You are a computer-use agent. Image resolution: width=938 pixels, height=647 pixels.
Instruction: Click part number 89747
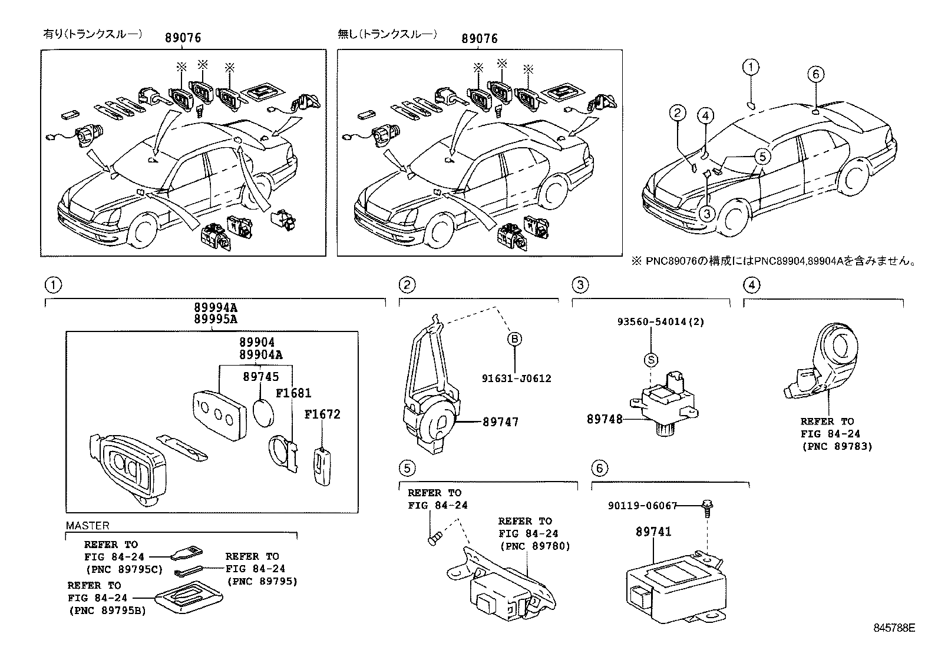click(500, 422)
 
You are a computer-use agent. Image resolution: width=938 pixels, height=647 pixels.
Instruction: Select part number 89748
click(605, 419)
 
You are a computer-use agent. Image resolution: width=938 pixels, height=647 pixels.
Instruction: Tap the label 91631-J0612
click(516, 379)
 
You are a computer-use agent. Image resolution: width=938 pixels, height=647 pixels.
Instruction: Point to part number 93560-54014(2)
click(661, 321)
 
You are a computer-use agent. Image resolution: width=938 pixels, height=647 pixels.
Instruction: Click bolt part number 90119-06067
click(642, 506)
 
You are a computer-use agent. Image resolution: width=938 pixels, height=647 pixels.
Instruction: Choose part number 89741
click(653, 532)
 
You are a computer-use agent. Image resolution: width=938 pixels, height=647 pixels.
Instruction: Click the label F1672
click(322, 414)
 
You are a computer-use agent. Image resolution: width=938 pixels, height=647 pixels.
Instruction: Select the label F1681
click(293, 393)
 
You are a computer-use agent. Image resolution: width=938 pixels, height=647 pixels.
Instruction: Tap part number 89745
click(261, 377)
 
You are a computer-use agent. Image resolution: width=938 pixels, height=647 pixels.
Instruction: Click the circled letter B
click(514, 339)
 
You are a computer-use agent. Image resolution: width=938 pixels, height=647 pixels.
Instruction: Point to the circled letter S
click(651, 360)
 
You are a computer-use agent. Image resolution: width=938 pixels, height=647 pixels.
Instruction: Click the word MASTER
click(88, 525)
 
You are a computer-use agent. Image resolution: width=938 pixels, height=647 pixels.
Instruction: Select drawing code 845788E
click(894, 628)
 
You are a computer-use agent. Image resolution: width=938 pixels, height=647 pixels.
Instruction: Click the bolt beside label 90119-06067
click(707, 509)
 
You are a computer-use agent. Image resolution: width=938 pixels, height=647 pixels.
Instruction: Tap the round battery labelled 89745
click(264, 413)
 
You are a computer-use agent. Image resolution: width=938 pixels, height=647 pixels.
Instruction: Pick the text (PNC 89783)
click(837, 446)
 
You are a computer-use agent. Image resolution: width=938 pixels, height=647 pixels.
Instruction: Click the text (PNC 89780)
click(535, 546)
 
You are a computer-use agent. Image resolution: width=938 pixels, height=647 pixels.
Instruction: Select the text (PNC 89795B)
click(108, 610)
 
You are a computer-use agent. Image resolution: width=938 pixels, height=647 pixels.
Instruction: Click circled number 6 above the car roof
click(815, 75)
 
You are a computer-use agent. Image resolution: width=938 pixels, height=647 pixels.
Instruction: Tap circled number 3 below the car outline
click(707, 214)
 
